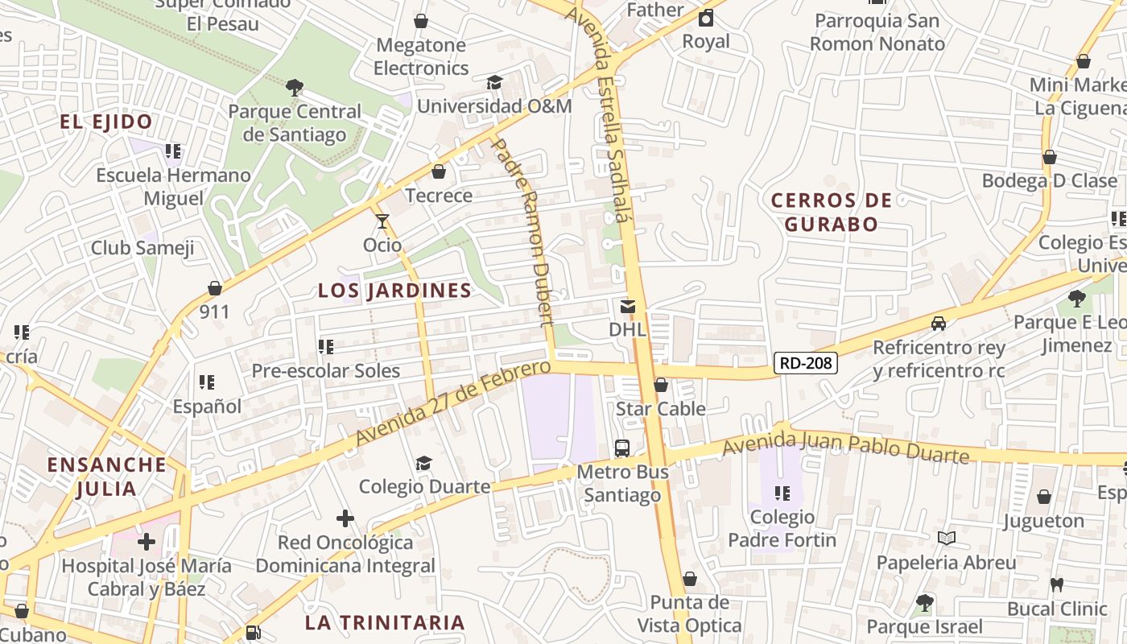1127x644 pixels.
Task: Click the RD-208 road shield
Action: coord(806,363)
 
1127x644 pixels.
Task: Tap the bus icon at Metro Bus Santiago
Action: coord(621,448)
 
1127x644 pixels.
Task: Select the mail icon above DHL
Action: coord(627,307)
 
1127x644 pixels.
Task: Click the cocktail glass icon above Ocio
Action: coord(382,221)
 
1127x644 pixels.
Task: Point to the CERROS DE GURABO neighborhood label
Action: coord(832,213)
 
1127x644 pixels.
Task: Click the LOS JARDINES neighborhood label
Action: coord(394,291)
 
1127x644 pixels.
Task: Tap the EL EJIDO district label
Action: coord(106,122)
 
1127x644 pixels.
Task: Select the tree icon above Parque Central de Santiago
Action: coord(295,88)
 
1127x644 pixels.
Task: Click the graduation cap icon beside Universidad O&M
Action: coord(494,83)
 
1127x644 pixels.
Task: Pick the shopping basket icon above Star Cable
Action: coord(660,386)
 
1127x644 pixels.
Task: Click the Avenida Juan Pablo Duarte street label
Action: coord(845,448)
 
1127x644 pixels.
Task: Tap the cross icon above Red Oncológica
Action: coord(345,518)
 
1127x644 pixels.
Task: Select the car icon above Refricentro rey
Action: coord(939,324)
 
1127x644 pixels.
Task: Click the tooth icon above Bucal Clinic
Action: coord(1057,584)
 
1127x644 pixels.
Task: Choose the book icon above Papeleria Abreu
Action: coord(947,538)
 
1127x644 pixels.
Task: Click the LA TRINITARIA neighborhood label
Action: coord(385,622)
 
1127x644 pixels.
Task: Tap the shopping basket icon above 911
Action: coord(215,288)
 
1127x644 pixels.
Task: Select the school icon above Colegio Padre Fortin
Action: coord(782,493)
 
